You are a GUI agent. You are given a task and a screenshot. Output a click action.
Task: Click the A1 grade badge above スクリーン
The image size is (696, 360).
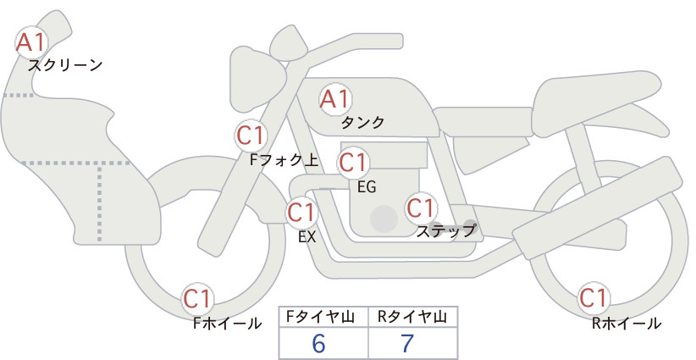coord(31,42)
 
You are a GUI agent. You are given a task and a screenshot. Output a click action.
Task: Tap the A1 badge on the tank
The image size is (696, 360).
coord(335,99)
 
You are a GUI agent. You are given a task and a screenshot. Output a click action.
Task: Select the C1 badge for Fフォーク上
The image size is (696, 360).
coord(251,136)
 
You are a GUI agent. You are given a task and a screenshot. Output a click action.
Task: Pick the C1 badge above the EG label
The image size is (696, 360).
coord(354,163)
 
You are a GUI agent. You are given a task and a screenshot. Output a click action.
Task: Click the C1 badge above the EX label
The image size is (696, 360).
coord(302,212)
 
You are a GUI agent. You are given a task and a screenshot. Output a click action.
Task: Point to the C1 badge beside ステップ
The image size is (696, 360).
coord(421,208)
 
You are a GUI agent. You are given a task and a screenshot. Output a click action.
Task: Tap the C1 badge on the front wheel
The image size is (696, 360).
coord(197,299)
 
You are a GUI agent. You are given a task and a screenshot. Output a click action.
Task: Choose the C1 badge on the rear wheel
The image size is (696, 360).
coord(594,298)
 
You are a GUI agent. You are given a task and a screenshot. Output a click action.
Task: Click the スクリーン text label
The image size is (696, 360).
coord(65,66)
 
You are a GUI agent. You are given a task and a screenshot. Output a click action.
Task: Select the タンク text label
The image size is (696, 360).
coord(362,122)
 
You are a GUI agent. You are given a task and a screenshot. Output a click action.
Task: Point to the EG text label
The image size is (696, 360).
coord(367,187)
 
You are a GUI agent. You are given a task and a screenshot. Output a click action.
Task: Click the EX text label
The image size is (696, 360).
coord(307,237)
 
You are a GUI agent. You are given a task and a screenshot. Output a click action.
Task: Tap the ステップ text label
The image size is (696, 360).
coord(445,231)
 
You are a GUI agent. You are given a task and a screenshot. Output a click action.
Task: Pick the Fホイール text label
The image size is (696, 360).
coord(227,324)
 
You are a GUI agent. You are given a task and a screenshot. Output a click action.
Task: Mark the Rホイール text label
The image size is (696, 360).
coord(627,324)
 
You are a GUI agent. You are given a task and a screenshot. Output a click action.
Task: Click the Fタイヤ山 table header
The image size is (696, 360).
coord(320,317)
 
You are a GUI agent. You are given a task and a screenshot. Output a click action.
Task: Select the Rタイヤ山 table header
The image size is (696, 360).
coord(412,317)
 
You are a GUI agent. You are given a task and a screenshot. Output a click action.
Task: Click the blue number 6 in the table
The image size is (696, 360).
coord(318,343)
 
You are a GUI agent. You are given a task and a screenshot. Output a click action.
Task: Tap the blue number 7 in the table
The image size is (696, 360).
coord(407,343)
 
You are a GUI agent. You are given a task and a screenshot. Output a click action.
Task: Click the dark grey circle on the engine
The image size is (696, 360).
coord(384,219)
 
